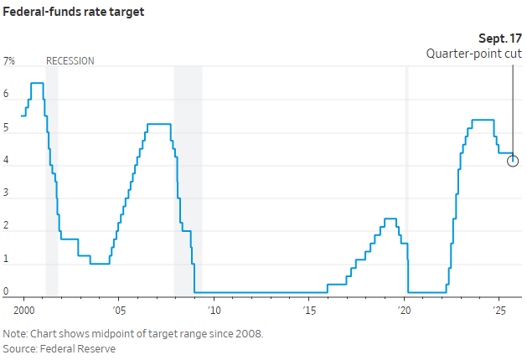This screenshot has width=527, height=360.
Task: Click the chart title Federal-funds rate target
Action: [x=74, y=13]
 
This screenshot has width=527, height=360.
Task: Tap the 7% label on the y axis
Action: [x=10, y=61]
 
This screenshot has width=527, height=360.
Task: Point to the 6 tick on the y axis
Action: [x=6, y=95]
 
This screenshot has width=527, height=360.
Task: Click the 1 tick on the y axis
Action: [x=6, y=260]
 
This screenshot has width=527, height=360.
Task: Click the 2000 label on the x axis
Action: [x=23, y=308]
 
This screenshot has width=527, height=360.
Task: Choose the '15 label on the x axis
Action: [x=309, y=308]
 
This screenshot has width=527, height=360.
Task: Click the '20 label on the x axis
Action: [x=405, y=308]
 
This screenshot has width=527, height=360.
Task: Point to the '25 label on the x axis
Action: [x=500, y=308]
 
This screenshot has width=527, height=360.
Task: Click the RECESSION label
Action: [x=70, y=61]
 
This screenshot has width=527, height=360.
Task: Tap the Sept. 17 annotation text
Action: [x=499, y=39]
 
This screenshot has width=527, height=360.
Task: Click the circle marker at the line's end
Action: [x=513, y=161]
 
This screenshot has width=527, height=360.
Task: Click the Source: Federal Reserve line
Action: [x=59, y=348]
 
